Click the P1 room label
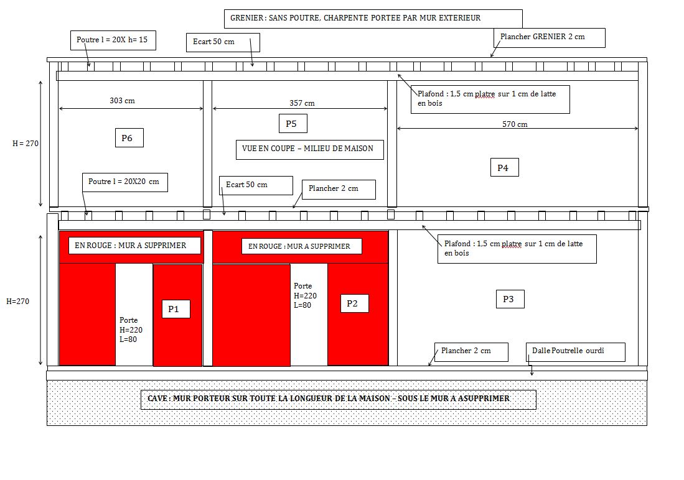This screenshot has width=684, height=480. (176, 309)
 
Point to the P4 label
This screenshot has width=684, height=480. (504, 167)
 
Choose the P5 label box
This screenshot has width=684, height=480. (292, 124)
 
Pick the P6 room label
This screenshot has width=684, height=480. (129, 138)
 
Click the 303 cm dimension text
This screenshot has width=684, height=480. (122, 101)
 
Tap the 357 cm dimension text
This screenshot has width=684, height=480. (302, 103)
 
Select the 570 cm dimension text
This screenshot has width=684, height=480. (515, 124)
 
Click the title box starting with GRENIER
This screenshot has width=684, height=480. (372, 19)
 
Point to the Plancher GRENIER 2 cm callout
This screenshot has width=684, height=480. (542, 37)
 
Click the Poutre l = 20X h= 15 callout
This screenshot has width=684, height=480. (112, 40)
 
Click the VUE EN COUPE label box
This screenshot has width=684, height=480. (309, 149)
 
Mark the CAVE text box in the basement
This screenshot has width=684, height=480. (339, 399)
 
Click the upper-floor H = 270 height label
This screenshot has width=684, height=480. (26, 144)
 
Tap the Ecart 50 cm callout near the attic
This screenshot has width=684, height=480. (222, 42)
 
